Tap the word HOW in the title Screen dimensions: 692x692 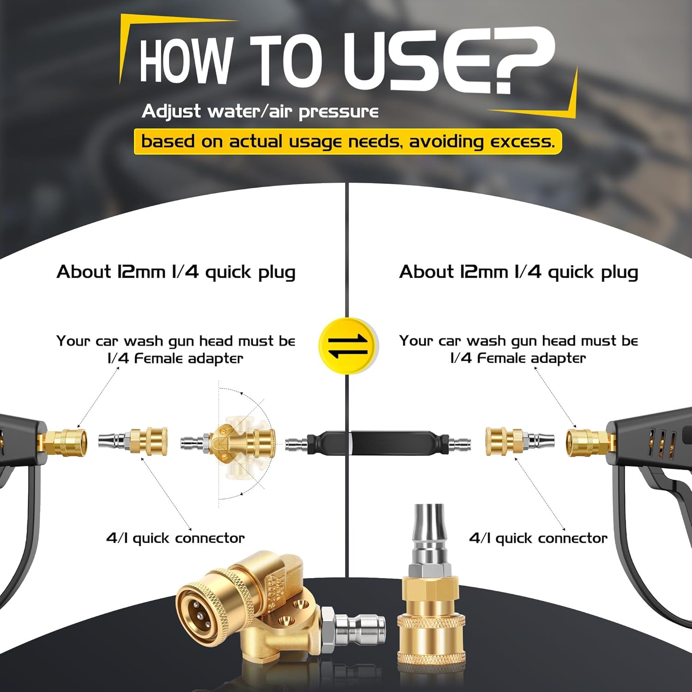coord(185,60)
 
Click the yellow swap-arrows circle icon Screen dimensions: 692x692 coord(348,346)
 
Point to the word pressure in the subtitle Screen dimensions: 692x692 coord(339,112)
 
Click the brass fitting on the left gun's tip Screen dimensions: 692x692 coord(62,442)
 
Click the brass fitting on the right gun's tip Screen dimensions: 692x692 coord(591,442)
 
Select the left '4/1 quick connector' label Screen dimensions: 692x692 coord(175,538)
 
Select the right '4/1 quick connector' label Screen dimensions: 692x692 coord(538,538)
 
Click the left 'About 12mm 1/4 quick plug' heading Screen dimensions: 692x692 coord(176,272)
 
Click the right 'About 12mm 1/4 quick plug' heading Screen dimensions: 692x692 coord(519,272)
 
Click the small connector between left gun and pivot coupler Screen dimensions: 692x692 coord(133,442)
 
